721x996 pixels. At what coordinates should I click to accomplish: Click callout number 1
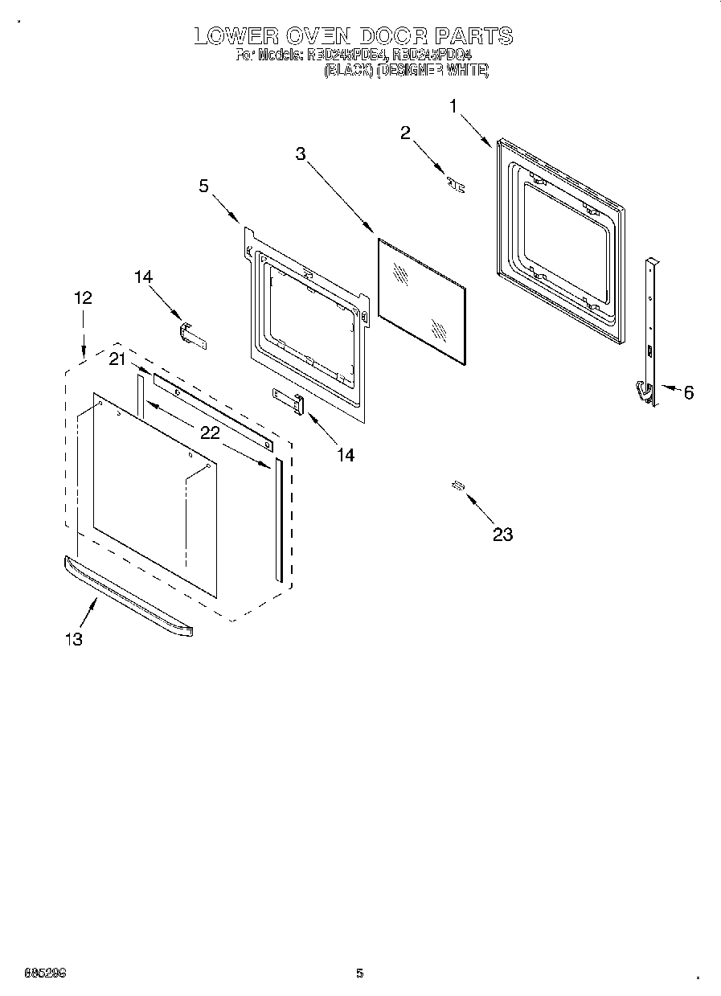[x=454, y=106]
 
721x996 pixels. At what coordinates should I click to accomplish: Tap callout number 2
[x=406, y=133]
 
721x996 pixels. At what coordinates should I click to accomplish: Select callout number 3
[x=301, y=154]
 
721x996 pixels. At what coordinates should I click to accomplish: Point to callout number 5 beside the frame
[x=203, y=186]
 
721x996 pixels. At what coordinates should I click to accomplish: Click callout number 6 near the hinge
[x=688, y=392]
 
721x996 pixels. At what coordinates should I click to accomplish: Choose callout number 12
[x=83, y=297]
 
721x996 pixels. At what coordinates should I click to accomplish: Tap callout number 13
[x=73, y=639]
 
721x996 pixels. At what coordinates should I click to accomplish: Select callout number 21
[x=117, y=360]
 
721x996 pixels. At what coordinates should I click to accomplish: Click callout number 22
[x=210, y=432]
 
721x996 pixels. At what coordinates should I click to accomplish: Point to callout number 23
[x=502, y=535]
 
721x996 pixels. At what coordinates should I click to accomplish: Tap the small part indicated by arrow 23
[x=458, y=485]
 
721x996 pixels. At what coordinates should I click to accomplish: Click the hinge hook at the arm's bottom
[x=643, y=391]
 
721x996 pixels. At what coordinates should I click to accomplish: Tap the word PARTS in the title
[x=473, y=36]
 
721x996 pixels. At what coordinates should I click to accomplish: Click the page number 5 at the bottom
[x=360, y=973]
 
